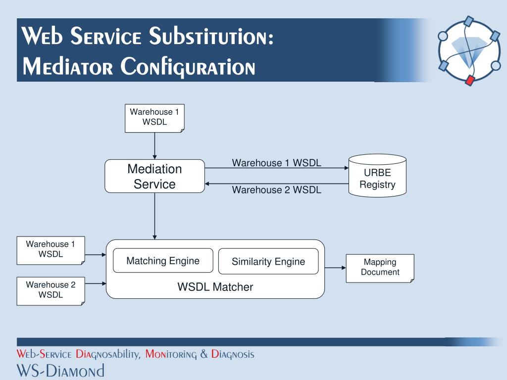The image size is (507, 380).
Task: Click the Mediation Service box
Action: (154, 176)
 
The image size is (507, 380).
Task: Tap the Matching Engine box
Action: (163, 261)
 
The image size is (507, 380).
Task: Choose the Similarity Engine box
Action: (268, 261)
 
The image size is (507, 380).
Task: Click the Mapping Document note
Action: (380, 268)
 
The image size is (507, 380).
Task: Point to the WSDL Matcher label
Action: (215, 287)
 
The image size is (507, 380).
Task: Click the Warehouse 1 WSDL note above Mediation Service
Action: (154, 118)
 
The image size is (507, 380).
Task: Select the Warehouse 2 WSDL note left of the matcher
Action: (51, 290)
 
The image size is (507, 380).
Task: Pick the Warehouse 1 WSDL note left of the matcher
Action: (51, 250)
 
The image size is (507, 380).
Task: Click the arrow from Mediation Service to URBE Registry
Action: (277, 168)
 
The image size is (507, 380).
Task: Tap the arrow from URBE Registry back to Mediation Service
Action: (277, 184)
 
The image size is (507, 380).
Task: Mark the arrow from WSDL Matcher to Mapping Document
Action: (335, 268)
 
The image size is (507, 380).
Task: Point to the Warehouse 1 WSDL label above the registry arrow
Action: (277, 163)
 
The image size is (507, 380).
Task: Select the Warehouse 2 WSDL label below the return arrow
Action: (277, 190)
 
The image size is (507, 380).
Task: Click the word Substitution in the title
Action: (212, 37)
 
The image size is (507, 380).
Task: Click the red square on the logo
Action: (470, 80)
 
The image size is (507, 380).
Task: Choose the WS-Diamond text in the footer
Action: (60, 371)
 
